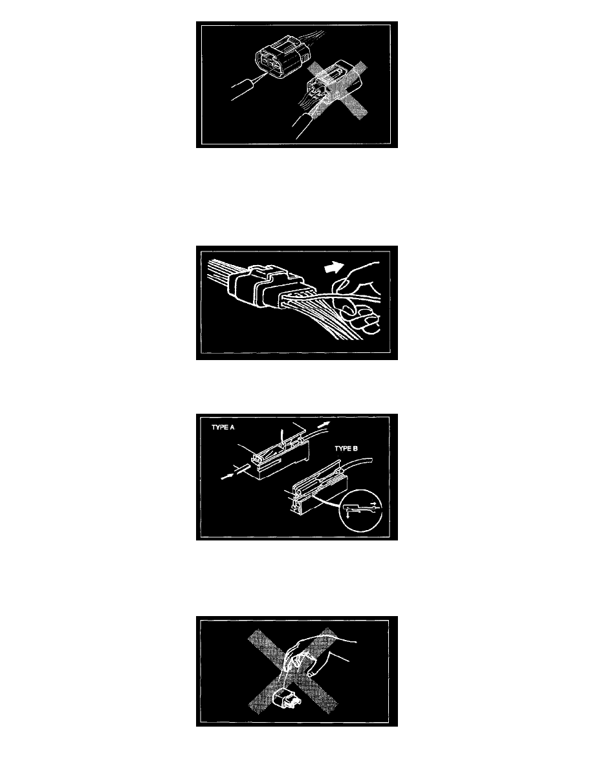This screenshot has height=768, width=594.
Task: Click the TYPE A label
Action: [x=223, y=427]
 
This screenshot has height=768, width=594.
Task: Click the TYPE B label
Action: [x=346, y=448]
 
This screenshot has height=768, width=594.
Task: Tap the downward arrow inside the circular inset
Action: [x=348, y=514]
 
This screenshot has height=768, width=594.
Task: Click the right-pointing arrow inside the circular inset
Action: [x=374, y=504]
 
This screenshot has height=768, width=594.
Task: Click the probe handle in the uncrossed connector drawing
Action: [x=243, y=89]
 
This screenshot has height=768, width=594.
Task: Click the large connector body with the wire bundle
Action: [x=262, y=289]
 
